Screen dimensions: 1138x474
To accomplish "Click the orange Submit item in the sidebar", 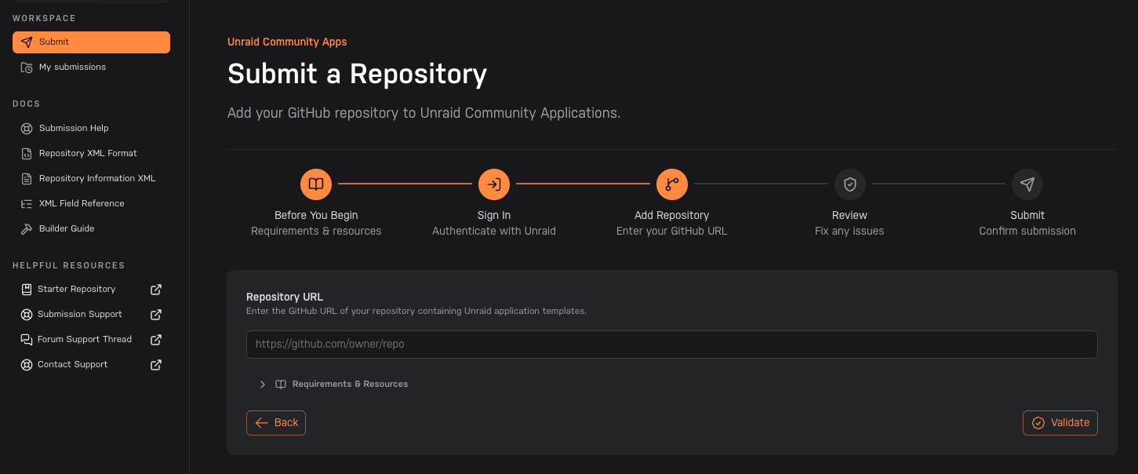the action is point(91,42).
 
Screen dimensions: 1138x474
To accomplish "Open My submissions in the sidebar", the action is point(72,67).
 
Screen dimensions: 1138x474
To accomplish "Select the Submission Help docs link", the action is point(74,128).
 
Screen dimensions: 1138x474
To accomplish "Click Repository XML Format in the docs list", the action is point(88,153).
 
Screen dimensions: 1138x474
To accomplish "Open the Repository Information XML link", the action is point(97,178).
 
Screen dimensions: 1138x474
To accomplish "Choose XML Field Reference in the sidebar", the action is point(82,203).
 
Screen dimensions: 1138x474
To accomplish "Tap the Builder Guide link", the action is point(67,229).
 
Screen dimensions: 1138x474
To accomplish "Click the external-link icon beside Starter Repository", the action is point(156,290).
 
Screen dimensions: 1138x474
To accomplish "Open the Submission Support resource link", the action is point(80,315).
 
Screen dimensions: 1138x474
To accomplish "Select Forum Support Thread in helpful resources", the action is point(85,339).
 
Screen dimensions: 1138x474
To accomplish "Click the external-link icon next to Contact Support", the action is point(156,365).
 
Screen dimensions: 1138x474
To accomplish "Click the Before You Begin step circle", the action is point(316,184).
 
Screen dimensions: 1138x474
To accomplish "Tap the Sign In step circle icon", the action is point(494,184).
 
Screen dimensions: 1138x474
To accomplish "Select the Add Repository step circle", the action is point(671,184).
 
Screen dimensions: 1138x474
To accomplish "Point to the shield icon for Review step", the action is point(850,184).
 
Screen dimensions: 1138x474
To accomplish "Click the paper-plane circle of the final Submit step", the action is point(1027,184).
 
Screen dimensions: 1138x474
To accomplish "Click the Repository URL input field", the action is point(671,345).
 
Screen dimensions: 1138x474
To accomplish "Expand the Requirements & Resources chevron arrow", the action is point(262,385).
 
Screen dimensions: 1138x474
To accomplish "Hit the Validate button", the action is point(1060,423).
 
